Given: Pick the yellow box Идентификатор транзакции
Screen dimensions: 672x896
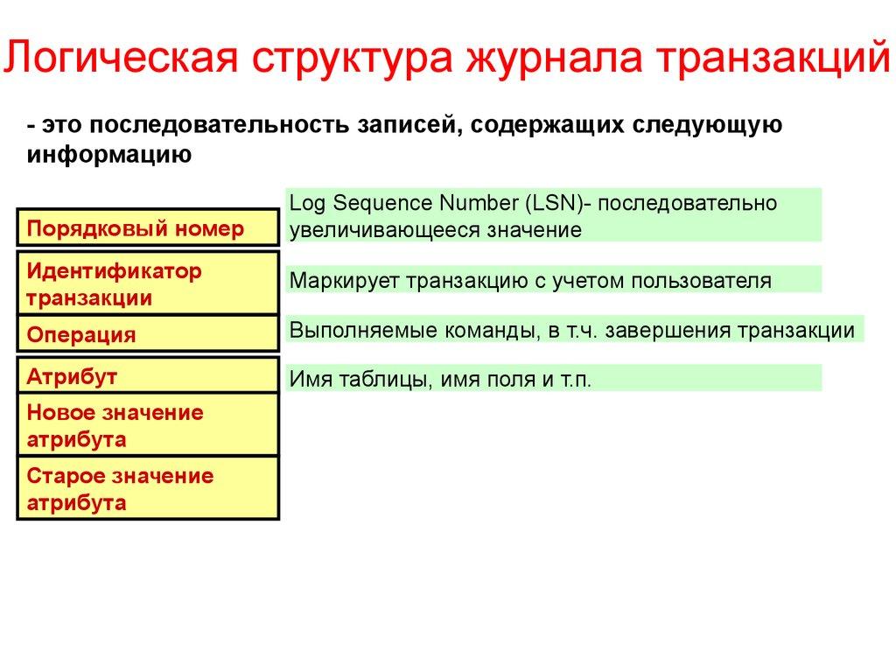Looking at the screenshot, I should (x=148, y=284).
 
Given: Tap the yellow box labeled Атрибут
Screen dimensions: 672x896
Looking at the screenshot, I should (x=148, y=377).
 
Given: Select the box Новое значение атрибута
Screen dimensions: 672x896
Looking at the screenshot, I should (x=148, y=425).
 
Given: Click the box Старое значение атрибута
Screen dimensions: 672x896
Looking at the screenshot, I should (x=148, y=489).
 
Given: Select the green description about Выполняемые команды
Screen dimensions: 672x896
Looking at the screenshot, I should (x=574, y=331).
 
